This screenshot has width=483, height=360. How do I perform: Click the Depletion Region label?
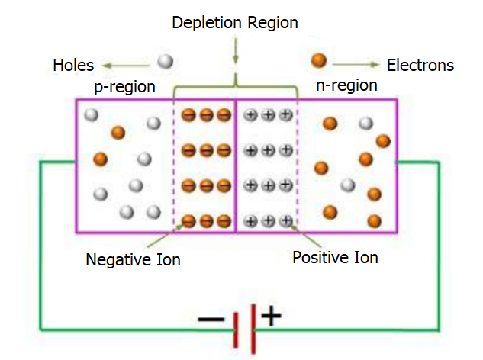pyautogui.click(x=234, y=24)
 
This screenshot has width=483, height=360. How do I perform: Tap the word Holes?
pyautogui.click(x=73, y=65)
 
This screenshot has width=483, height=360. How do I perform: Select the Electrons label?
pyautogui.click(x=420, y=65)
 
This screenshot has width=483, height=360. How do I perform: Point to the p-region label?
pyautogui.click(x=124, y=87)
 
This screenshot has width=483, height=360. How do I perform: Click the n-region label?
pyautogui.click(x=346, y=85)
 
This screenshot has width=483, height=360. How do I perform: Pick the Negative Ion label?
pyautogui.click(x=133, y=260)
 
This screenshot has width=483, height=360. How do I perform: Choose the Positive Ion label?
pyautogui.click(x=335, y=258)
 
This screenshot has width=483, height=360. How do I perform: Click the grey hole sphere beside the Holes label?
pyautogui.click(x=166, y=62)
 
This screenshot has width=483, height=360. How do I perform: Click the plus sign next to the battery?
pyautogui.click(x=271, y=316)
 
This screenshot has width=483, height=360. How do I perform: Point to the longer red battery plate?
pyautogui.click(x=253, y=327)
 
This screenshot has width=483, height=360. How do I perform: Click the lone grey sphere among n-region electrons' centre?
pyautogui.click(x=348, y=185)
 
